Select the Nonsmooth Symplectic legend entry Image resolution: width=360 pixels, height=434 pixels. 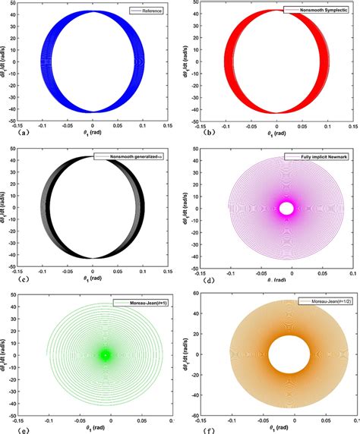point(319,9)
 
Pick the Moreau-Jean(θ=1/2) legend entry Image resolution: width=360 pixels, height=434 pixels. point(321,303)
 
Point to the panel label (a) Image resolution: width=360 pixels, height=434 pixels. point(7,131)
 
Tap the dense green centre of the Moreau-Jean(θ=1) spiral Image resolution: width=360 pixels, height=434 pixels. point(105,354)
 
